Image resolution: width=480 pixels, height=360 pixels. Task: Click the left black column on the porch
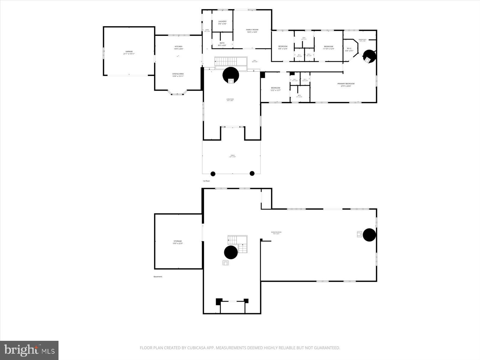point(213,173)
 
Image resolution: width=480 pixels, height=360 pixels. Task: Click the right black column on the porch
point(252,173)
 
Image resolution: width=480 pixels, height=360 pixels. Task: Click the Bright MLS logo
point(29,350)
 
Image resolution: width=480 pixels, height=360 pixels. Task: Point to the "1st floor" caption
point(206,181)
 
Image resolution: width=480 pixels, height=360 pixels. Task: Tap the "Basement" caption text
point(158,277)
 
